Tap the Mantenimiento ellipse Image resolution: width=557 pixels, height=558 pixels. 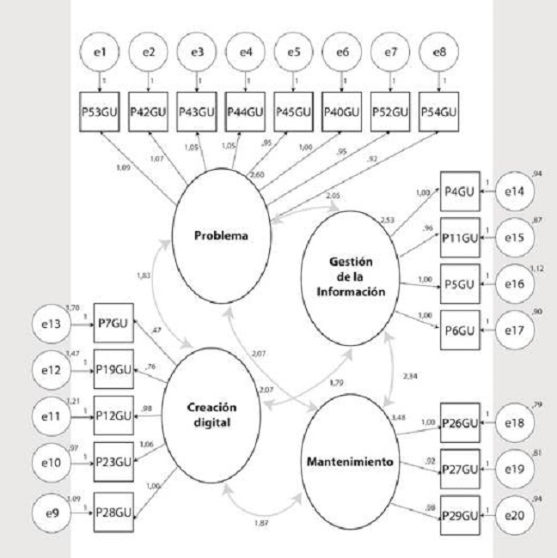pos(350,462)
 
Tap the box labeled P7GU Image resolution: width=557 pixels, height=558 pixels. pos(114,325)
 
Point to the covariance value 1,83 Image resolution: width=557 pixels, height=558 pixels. pos(144,276)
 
